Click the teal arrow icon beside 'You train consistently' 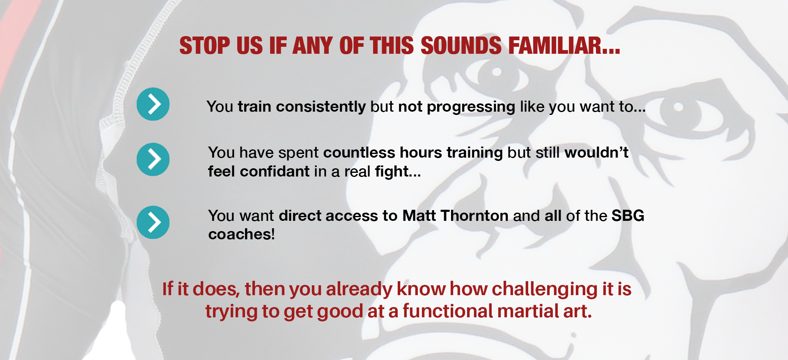tap(153, 104)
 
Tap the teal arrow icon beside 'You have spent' tap(153, 159)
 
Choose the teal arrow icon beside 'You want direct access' tap(153, 222)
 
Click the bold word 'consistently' tap(321, 107)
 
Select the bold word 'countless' tap(359, 153)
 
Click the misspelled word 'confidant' tap(275, 172)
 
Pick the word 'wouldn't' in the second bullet tap(597, 153)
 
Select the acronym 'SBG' tap(628, 216)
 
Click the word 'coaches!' tap(241, 234)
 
